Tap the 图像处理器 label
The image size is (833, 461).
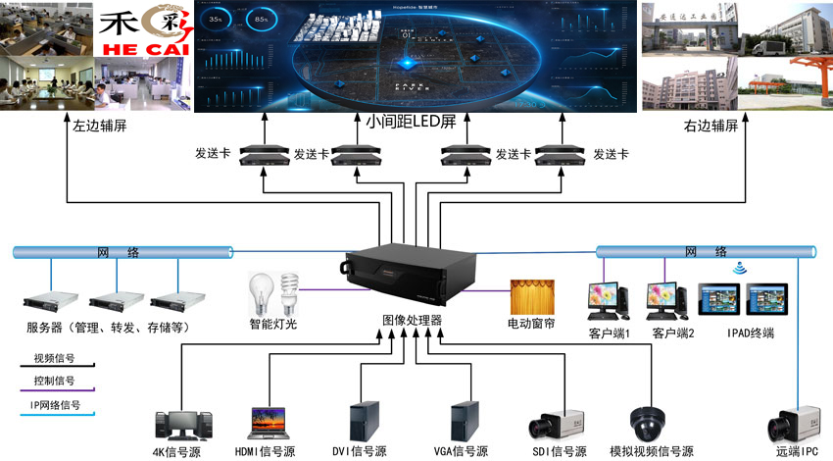click(x=412, y=322)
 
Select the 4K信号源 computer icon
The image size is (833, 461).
click(x=183, y=423)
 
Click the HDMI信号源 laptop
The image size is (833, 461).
click(x=271, y=423)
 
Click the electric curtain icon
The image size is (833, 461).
click(x=530, y=296)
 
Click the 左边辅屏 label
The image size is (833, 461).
click(x=99, y=127)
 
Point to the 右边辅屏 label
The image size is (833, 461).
click(x=710, y=127)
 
